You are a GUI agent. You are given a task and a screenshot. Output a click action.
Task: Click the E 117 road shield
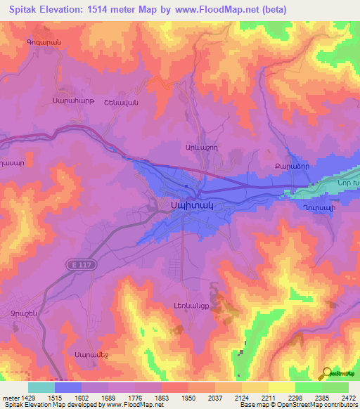[x=82, y=264]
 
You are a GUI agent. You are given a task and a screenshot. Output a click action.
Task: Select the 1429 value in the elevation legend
[x=28, y=397]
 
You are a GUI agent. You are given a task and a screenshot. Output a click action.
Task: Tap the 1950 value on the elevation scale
[x=189, y=397]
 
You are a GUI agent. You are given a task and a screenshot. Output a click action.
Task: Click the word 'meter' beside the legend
[x=9, y=397]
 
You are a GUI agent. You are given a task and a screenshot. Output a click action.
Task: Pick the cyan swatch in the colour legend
[x=41, y=387]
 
